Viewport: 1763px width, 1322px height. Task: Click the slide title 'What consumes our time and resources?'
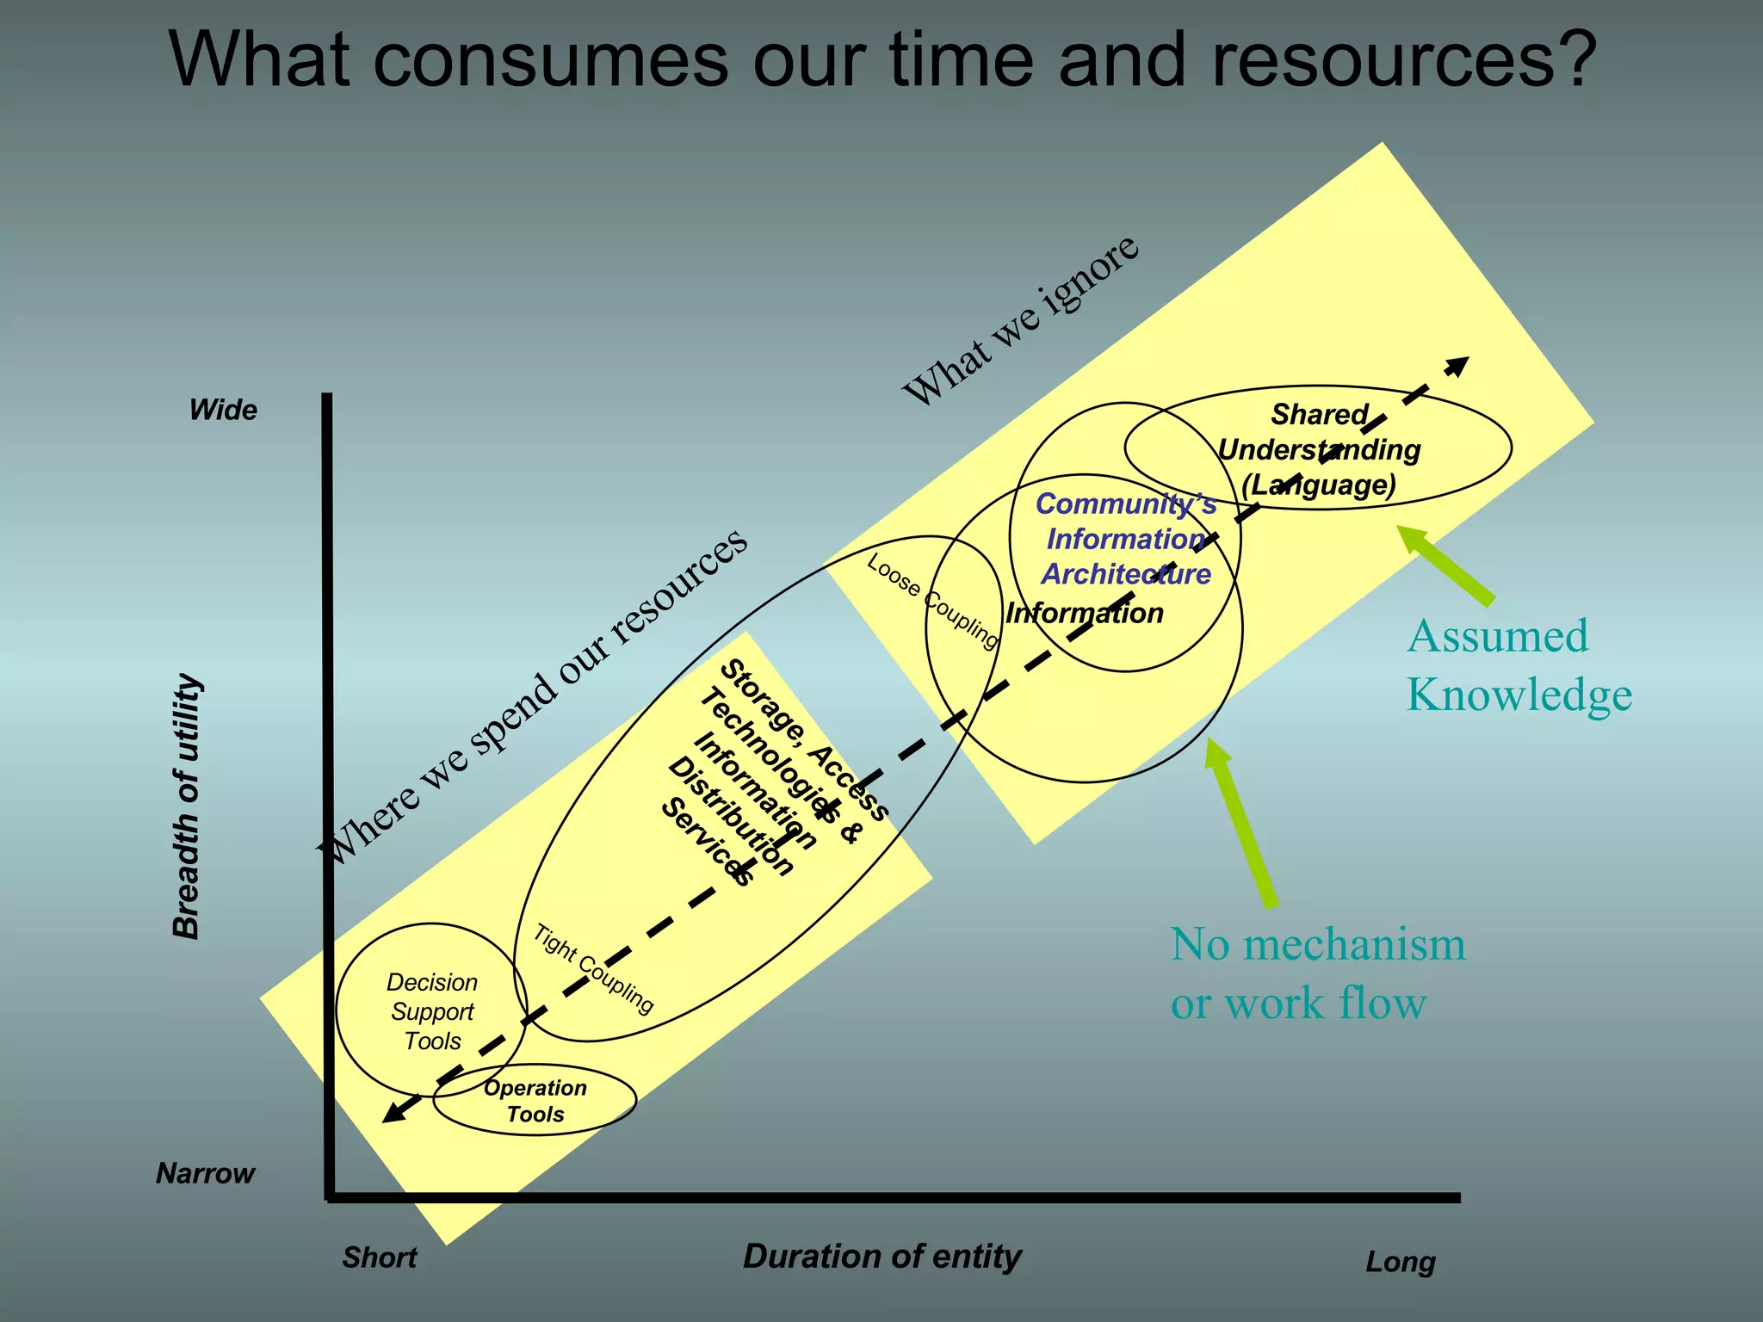(x=881, y=60)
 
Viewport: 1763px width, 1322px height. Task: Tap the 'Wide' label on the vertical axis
(x=223, y=410)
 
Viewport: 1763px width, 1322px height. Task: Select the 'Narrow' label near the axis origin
(x=206, y=1173)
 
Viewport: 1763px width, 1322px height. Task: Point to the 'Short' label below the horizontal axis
(x=380, y=1257)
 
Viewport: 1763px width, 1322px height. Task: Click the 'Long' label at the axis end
(x=1401, y=1263)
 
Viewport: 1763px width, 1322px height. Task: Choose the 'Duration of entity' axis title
(x=881, y=1257)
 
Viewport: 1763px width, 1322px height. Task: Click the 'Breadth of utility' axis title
(x=187, y=806)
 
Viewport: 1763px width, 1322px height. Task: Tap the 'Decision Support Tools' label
(x=432, y=1012)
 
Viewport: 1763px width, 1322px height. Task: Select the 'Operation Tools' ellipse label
(x=535, y=1101)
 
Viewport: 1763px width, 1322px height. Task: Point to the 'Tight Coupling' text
(x=593, y=969)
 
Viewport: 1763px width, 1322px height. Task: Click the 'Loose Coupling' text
(x=932, y=601)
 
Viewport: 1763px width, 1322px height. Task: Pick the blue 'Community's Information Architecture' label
(x=1126, y=539)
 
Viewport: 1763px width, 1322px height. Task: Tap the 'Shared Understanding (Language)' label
(x=1319, y=449)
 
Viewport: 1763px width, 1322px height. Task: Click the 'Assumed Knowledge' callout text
(x=1519, y=665)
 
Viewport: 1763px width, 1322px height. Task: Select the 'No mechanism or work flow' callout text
(x=1317, y=973)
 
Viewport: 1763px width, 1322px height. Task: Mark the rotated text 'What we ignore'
(x=1021, y=319)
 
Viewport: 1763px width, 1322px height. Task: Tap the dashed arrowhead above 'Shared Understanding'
(x=1457, y=366)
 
